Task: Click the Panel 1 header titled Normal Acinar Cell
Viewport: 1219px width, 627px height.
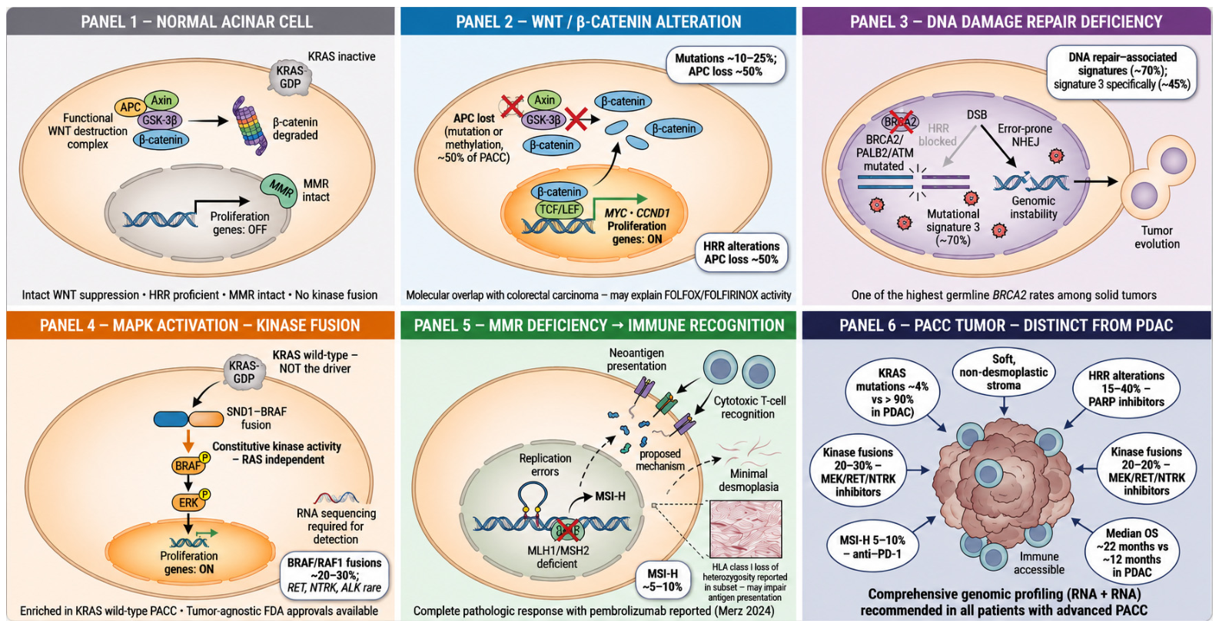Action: (x=201, y=22)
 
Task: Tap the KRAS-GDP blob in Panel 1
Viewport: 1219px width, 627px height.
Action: (x=290, y=78)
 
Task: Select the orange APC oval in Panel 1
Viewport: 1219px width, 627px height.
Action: (x=130, y=108)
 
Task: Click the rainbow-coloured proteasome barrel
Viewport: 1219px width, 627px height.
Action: (x=250, y=125)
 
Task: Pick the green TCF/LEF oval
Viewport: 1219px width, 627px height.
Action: (x=559, y=210)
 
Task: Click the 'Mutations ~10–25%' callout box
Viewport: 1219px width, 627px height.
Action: (x=726, y=65)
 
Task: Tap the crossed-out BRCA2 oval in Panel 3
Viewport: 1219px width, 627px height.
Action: (x=899, y=121)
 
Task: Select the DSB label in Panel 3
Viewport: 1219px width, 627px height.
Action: (x=976, y=114)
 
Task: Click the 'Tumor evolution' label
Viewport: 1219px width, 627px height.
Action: (x=1157, y=237)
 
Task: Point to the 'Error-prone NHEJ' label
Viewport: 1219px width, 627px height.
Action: (x=1025, y=135)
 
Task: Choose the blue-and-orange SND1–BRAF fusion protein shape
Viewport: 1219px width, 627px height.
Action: (x=188, y=419)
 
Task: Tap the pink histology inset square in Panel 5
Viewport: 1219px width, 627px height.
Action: (x=746, y=529)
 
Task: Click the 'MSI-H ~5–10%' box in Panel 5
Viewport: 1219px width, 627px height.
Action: (x=663, y=580)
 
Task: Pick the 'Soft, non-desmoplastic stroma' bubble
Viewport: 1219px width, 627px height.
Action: (x=1004, y=372)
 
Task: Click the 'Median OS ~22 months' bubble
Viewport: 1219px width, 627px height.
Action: (x=1132, y=552)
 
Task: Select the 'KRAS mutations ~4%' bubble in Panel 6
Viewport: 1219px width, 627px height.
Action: (x=892, y=393)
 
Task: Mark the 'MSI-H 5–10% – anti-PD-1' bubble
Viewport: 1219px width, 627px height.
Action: (x=872, y=547)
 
